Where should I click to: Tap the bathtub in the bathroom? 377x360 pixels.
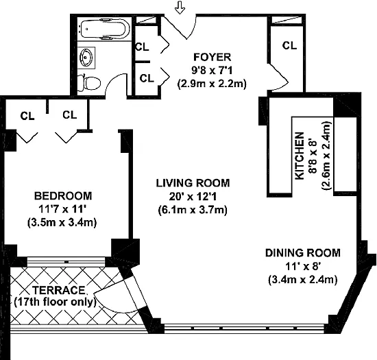(105, 29)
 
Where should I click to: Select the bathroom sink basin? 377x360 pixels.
(86, 58)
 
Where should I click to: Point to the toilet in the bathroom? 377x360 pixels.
(89, 83)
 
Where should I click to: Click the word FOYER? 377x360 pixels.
(212, 57)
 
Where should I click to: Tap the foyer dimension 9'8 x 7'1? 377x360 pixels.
(212, 71)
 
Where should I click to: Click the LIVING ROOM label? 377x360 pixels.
(193, 183)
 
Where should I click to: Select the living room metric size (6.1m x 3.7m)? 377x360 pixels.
(193, 211)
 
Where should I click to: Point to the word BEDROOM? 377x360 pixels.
(63, 196)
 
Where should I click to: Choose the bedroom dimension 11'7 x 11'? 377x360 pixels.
(62, 209)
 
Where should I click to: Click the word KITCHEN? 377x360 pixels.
(300, 156)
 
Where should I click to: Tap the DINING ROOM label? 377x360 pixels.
(303, 253)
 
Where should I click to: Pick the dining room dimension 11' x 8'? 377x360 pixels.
(303, 267)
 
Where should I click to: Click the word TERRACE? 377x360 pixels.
(59, 290)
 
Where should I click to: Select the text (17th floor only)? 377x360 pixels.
(55, 302)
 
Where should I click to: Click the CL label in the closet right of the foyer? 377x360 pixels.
(289, 45)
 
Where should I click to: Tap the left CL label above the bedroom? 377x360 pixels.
(27, 116)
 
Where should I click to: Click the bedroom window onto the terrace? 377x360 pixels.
(66, 262)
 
